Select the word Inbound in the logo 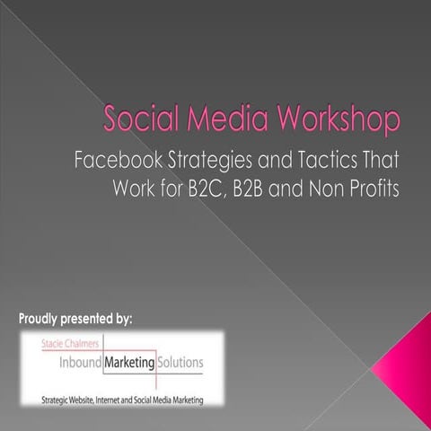65,363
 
